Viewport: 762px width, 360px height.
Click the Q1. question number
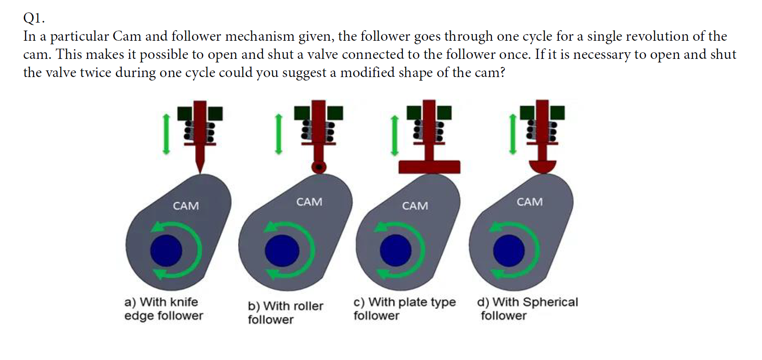click(x=34, y=18)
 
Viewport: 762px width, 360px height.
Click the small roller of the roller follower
click(x=319, y=167)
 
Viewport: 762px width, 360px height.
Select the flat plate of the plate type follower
click(x=429, y=167)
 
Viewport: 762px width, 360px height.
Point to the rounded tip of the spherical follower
click(x=542, y=167)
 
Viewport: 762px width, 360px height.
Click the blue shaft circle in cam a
click(x=166, y=251)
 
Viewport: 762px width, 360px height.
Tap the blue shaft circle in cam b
click(x=282, y=251)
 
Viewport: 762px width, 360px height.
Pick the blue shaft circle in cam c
click(x=395, y=251)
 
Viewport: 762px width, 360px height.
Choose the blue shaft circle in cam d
click(x=509, y=251)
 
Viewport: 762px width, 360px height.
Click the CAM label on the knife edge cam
click(x=186, y=206)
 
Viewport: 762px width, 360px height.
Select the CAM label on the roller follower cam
click(x=309, y=202)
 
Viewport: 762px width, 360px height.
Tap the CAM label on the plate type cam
click(x=415, y=206)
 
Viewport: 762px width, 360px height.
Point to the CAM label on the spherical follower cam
click(x=530, y=202)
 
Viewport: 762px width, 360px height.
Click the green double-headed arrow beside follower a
click(x=166, y=134)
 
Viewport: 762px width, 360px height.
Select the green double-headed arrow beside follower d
click(x=513, y=134)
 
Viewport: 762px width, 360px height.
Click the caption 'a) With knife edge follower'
click(x=163, y=309)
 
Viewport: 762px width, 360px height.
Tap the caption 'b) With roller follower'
click(x=285, y=313)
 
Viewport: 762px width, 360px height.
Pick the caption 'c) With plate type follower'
click(x=404, y=309)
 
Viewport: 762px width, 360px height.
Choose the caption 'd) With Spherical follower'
click(x=527, y=309)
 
